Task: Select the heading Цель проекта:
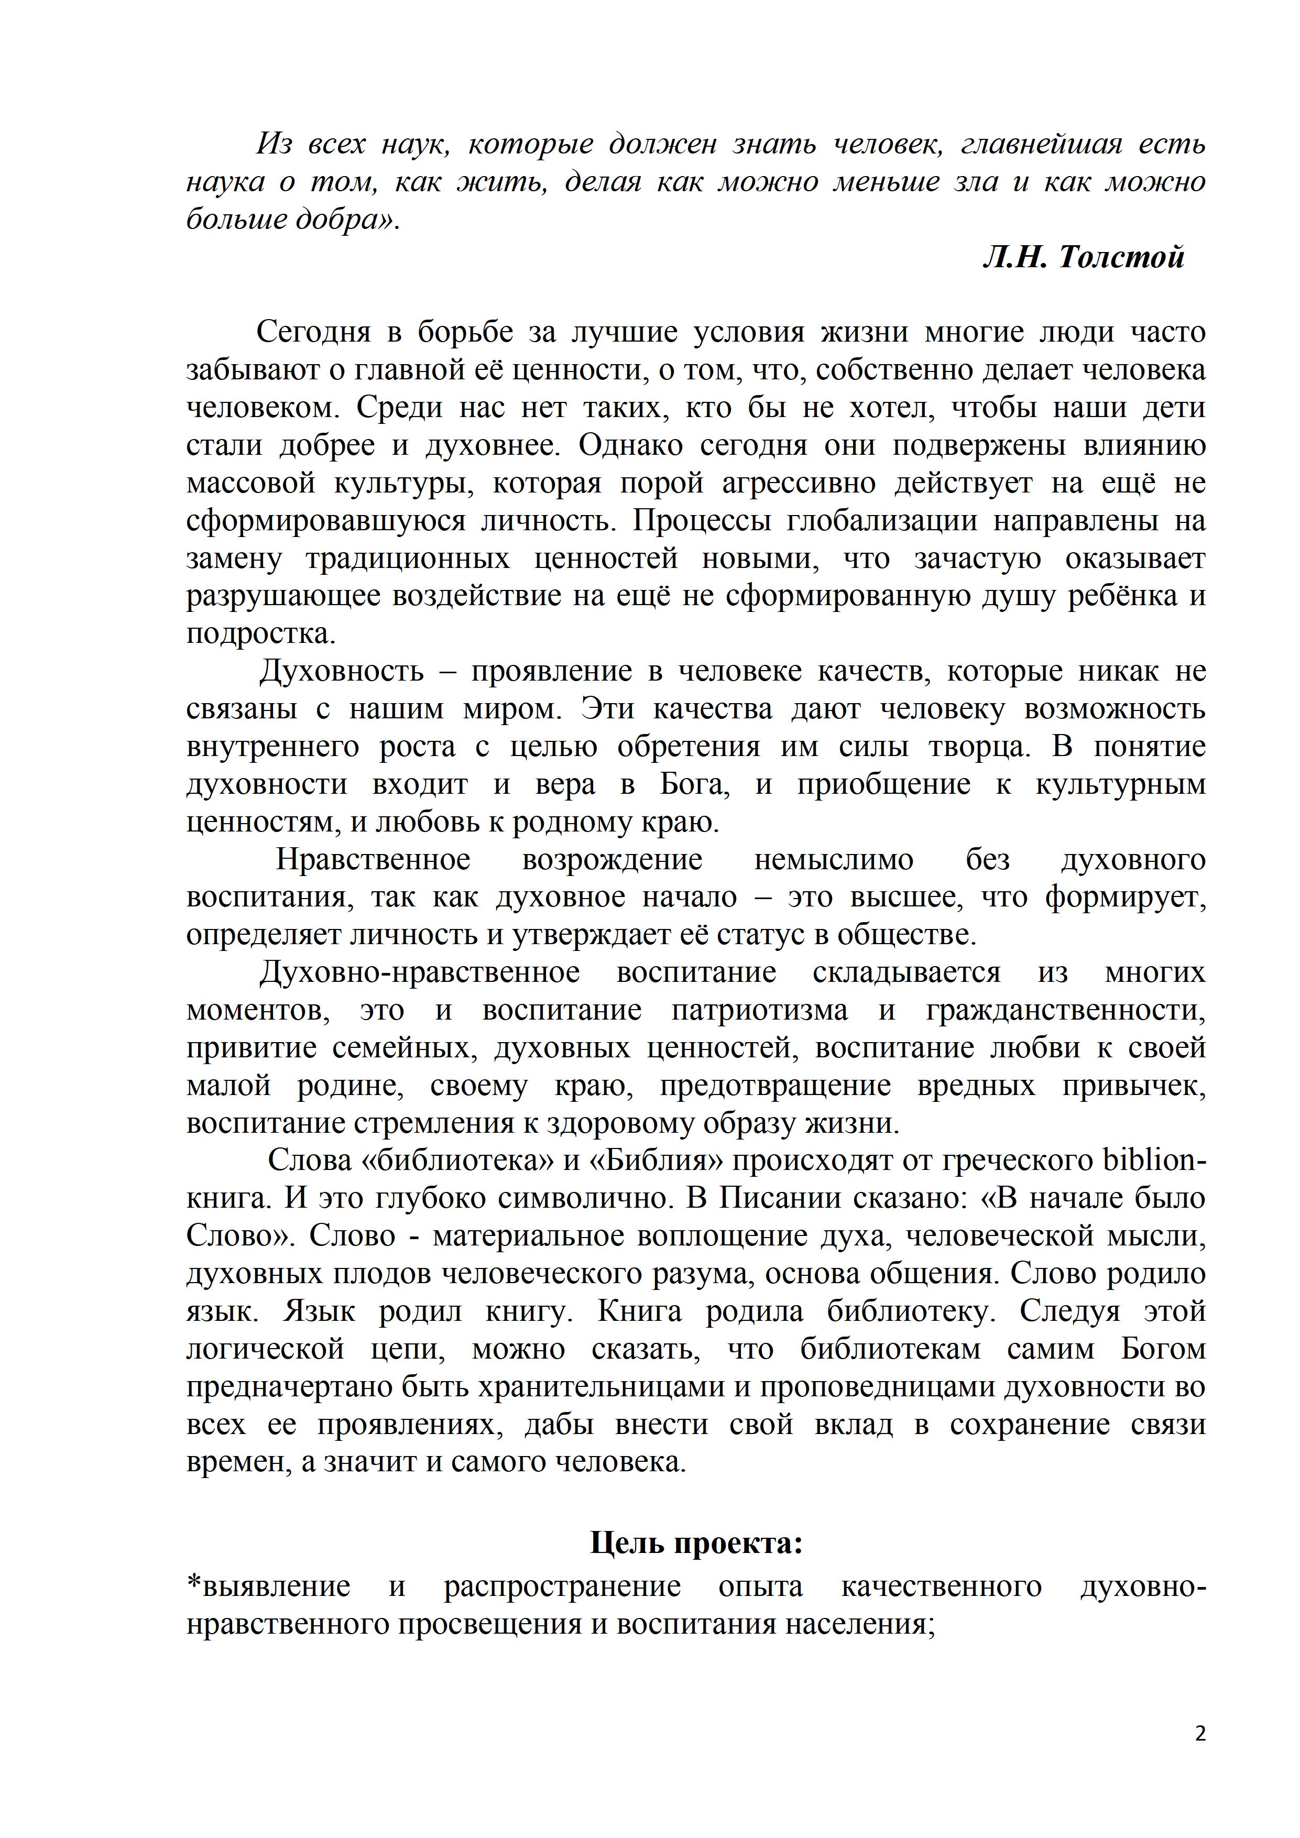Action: pyautogui.click(x=696, y=1542)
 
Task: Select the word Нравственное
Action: pyautogui.click(x=373, y=860)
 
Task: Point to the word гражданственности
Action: pyautogui.click(x=1065, y=1010)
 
